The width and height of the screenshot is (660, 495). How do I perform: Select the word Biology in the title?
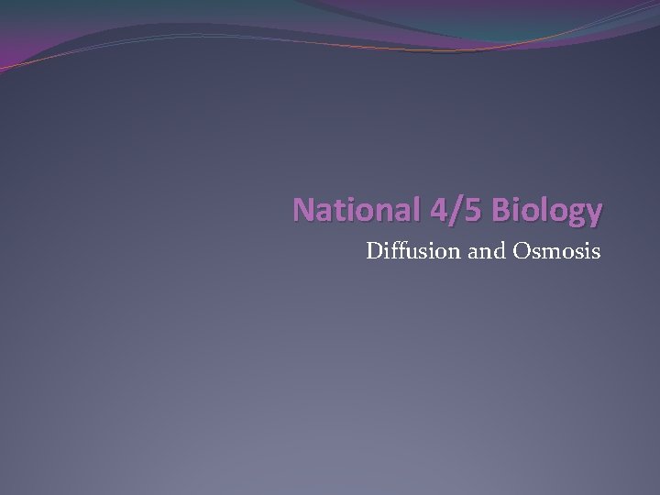(546, 211)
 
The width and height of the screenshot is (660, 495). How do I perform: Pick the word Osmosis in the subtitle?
(555, 249)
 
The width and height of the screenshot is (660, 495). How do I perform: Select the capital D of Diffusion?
(374, 249)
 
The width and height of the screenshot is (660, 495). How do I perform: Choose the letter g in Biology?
(574, 214)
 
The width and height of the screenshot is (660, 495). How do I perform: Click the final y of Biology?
(594, 214)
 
